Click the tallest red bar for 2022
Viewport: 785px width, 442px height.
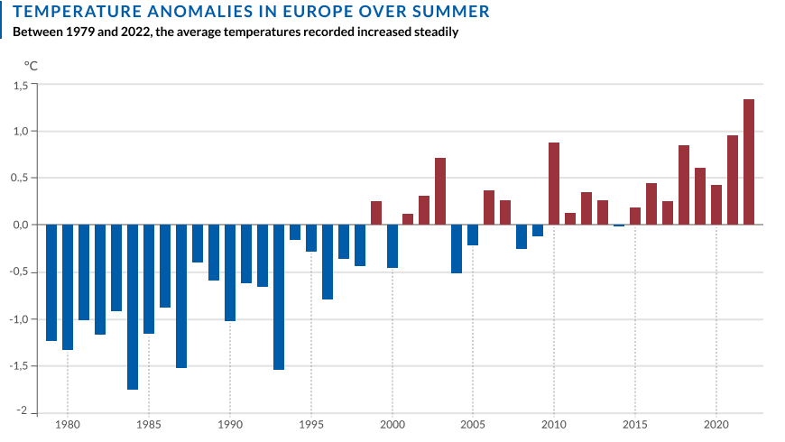coord(749,162)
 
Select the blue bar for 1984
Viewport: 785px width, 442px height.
coord(133,307)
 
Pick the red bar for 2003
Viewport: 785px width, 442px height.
coord(440,191)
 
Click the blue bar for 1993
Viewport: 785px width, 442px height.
coord(279,298)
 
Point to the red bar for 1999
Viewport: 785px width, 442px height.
coord(376,213)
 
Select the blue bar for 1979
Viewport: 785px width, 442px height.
coord(51,282)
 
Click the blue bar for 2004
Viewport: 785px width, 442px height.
coord(457,249)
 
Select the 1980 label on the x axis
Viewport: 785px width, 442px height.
coord(68,424)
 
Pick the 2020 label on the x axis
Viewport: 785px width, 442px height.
coord(716,424)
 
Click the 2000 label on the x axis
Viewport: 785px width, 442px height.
coord(392,424)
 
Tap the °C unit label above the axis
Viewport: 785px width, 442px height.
coord(31,65)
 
